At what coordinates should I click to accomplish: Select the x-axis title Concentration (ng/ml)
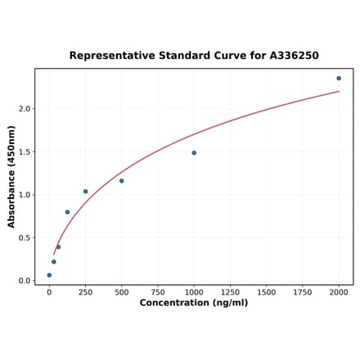[x=194, y=303]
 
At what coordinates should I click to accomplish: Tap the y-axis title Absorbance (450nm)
[x=11, y=177]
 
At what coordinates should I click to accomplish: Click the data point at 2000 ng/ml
[x=339, y=79]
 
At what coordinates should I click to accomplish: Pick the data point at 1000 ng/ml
[x=194, y=153]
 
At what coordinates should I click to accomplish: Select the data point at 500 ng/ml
[x=122, y=181]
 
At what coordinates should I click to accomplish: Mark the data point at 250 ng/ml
[x=85, y=192]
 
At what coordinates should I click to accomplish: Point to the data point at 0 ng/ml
[x=49, y=275]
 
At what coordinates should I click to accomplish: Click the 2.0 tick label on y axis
[x=24, y=109]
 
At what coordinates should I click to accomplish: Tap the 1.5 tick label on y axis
[x=24, y=152]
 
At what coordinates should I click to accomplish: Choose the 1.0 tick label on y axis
[x=24, y=195]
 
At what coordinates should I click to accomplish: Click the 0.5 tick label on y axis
[x=24, y=238]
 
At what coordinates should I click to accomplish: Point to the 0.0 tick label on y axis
[x=24, y=281]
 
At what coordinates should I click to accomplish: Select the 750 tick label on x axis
[x=158, y=291]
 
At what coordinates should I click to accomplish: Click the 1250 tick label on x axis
[x=230, y=291]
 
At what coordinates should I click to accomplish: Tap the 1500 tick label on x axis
[x=267, y=291]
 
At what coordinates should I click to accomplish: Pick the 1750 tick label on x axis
[x=303, y=291]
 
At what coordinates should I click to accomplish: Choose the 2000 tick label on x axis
[x=339, y=291]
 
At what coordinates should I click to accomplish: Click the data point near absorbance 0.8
[x=67, y=212]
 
